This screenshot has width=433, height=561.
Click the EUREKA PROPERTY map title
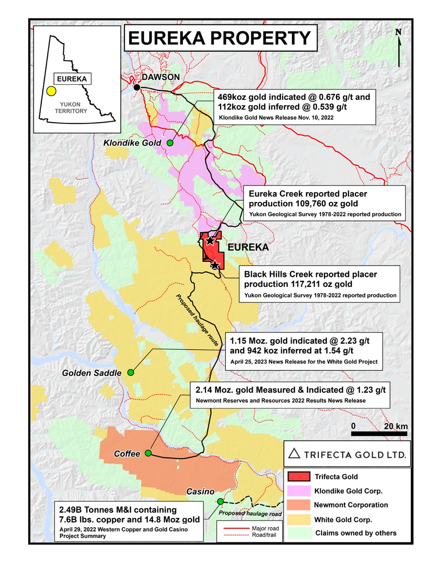[x=220, y=38]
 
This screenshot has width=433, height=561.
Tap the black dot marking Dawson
[x=137, y=88]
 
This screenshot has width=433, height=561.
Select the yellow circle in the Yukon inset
[x=51, y=92]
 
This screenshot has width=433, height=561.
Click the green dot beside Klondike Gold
[x=170, y=143]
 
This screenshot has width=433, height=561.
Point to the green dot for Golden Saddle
[x=131, y=373]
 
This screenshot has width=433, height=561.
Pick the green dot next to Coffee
[x=148, y=453]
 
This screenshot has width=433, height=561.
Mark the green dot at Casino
[x=220, y=501]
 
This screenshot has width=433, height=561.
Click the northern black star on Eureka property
[x=210, y=240]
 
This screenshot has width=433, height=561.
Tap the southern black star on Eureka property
[x=215, y=265]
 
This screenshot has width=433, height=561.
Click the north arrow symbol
[x=398, y=47]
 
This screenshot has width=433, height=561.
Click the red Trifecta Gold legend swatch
[x=298, y=477]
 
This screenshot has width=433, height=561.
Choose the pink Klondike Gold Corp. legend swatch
[x=298, y=491]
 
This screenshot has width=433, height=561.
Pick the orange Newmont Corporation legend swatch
[x=298, y=505]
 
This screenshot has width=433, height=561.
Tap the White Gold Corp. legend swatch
[x=298, y=519]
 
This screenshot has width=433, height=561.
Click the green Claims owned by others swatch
[x=298, y=533]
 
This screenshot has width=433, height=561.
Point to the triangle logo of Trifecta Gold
[x=294, y=453]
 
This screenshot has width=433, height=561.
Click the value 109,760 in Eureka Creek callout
[x=313, y=204]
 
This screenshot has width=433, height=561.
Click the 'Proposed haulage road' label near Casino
[x=250, y=513]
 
